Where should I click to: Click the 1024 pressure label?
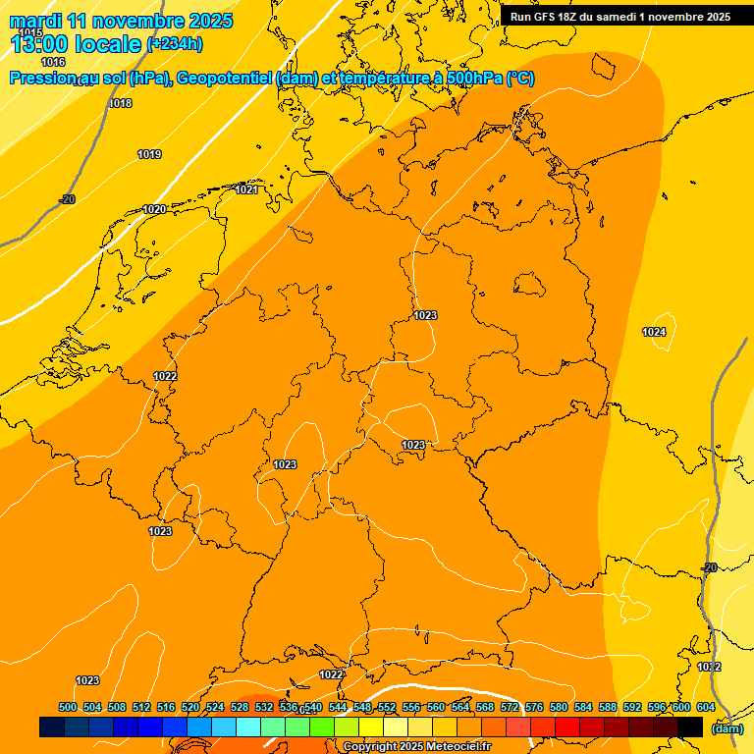tap(654, 332)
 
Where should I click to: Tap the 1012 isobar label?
tap(709, 667)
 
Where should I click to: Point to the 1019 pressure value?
tap(149, 154)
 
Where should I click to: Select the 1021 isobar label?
tap(246, 189)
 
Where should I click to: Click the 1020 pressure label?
tap(154, 209)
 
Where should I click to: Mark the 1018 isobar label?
tap(120, 103)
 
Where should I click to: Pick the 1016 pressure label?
tap(53, 62)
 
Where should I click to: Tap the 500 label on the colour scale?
tap(68, 707)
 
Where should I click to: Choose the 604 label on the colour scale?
tap(706, 707)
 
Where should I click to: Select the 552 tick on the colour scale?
tap(387, 707)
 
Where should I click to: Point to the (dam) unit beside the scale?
tap(727, 728)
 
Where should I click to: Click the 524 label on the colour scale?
tap(215, 707)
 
